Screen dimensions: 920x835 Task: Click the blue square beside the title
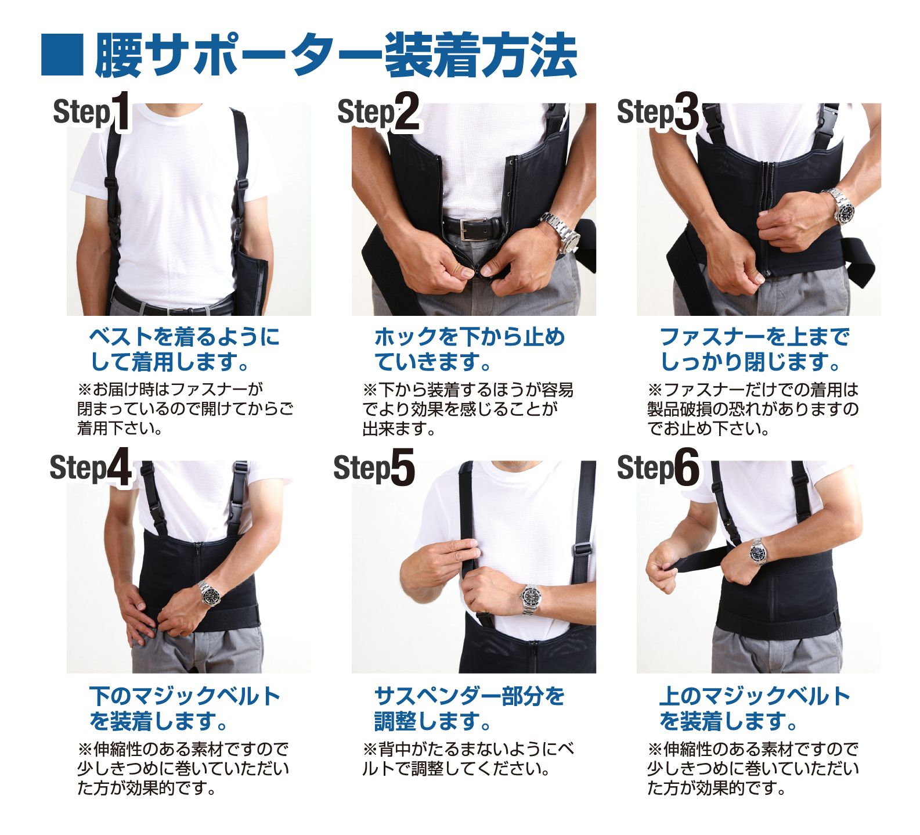pyautogui.click(x=62, y=55)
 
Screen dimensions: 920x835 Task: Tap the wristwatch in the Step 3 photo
pyautogui.click(x=842, y=207)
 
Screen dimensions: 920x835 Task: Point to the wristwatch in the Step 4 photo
pyautogui.click(x=210, y=593)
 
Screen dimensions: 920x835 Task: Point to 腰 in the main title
pyautogui.click(x=118, y=55)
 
